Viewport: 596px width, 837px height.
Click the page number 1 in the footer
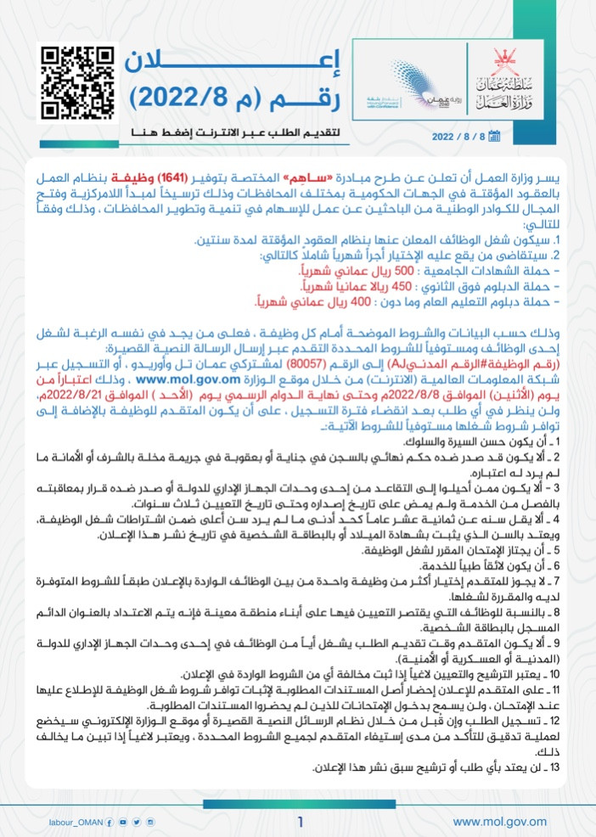tap(301, 821)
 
